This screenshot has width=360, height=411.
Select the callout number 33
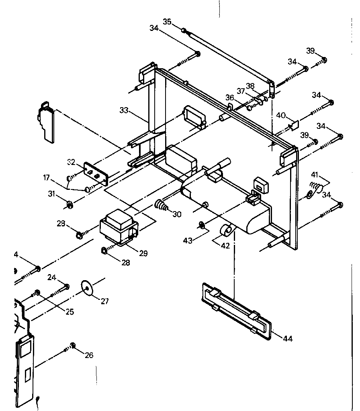pos(124,110)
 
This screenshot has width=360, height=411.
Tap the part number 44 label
pos(287,339)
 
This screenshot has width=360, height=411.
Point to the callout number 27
pos(104,301)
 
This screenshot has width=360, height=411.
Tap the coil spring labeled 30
pos(162,205)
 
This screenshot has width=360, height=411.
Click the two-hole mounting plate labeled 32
pos(96,173)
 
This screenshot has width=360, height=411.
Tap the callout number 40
pos(280,116)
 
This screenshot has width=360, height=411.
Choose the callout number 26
pos(89,355)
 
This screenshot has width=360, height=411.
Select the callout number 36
pos(229,98)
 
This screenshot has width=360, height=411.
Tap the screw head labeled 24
pos(66,286)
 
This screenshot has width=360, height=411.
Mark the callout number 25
pos(70,311)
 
